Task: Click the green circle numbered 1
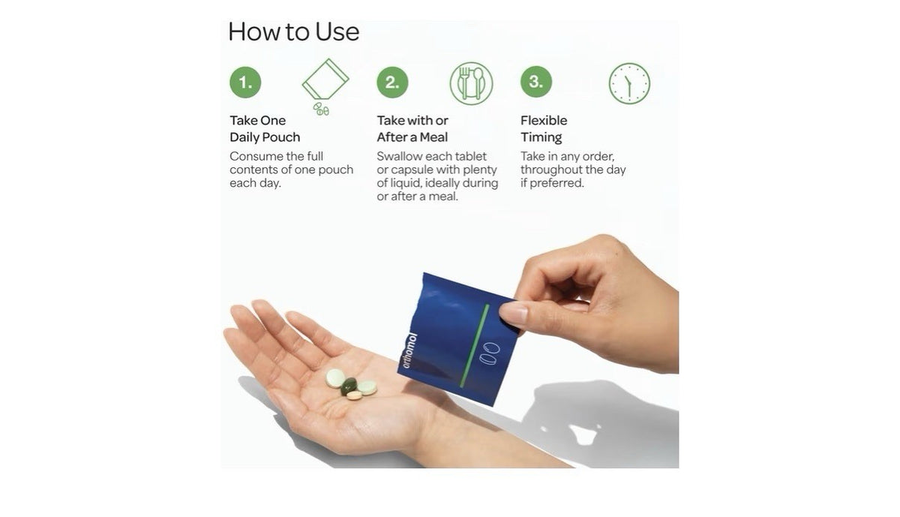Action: [245, 82]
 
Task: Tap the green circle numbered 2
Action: [392, 82]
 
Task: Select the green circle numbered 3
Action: [536, 82]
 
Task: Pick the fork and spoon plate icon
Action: [471, 83]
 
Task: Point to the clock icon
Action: [629, 83]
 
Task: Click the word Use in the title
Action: [337, 32]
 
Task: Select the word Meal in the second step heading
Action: [433, 137]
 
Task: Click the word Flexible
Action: [544, 121]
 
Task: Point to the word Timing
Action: [541, 137]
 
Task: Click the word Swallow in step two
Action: [399, 156]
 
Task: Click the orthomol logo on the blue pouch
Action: [409, 350]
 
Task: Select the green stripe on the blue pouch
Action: [475, 346]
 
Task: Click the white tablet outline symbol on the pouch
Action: [490, 353]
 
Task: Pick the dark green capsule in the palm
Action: [348, 386]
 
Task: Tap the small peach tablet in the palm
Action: [354, 395]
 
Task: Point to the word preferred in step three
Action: [556, 183]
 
